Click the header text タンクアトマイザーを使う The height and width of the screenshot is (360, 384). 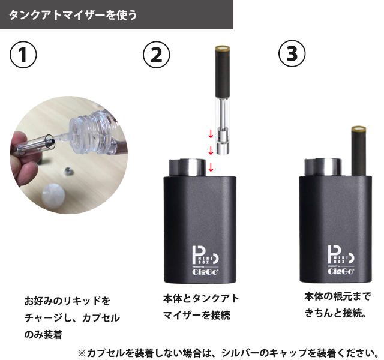tap(73, 15)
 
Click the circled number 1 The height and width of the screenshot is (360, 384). tap(23, 55)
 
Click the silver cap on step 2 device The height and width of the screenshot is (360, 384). tap(188, 167)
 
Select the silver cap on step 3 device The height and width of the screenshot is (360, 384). tap(325, 167)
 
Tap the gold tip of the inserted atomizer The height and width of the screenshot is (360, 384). tap(359, 130)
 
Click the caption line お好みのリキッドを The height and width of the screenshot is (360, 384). tap(67, 300)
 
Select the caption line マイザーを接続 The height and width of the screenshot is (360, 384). tap(196, 315)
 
